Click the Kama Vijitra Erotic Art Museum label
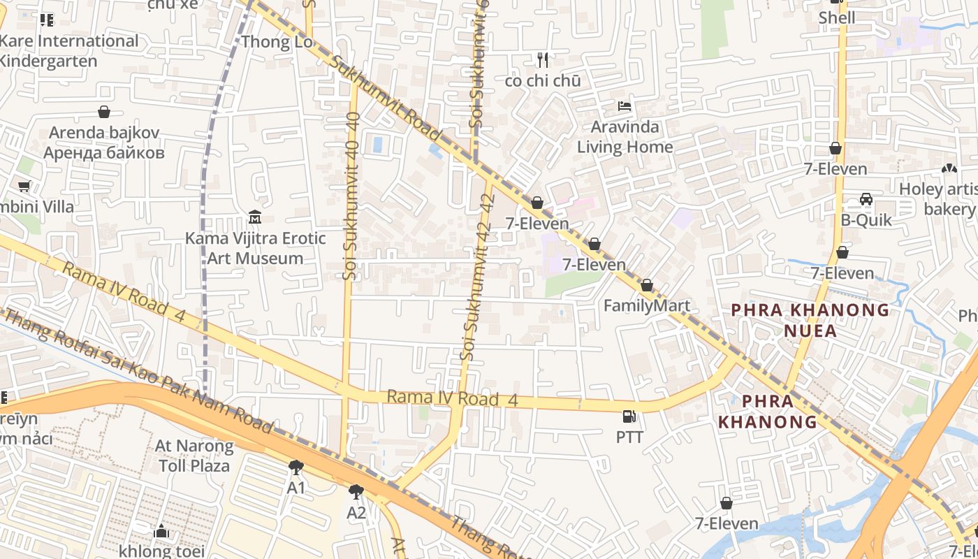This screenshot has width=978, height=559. (x=255, y=248)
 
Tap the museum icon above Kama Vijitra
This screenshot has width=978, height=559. (x=255, y=218)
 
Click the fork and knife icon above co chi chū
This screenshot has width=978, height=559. (x=543, y=60)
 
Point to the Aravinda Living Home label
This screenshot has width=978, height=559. (x=625, y=137)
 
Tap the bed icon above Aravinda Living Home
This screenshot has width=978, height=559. (x=625, y=106)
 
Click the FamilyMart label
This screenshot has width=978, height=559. (x=646, y=305)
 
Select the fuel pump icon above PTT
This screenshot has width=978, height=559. (x=629, y=416)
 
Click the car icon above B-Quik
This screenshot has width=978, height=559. (x=866, y=199)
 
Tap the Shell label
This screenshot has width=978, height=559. (x=836, y=18)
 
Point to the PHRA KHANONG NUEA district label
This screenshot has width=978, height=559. (x=810, y=320)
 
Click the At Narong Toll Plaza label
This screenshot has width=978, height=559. (x=194, y=455)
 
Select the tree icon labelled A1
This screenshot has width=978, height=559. (x=296, y=467)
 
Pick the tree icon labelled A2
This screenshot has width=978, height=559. (x=356, y=492)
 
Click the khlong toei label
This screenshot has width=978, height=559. (x=161, y=551)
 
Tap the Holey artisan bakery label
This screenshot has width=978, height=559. (x=940, y=199)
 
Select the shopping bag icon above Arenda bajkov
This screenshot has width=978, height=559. (x=104, y=112)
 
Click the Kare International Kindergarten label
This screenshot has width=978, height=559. (x=68, y=50)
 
